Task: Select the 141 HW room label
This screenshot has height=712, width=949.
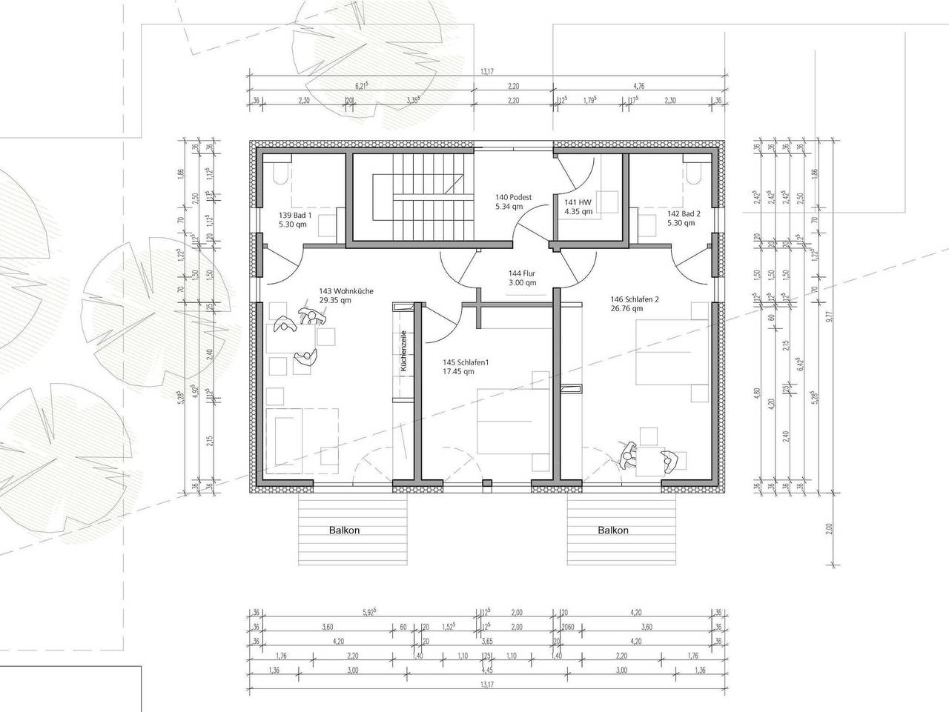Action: (x=578, y=206)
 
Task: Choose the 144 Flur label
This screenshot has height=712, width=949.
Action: (x=522, y=277)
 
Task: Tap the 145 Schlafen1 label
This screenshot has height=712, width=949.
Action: (x=466, y=367)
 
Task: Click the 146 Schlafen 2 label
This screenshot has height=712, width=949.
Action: (x=635, y=303)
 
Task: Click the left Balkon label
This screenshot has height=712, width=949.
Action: (x=345, y=530)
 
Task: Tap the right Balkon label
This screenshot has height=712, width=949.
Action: (x=613, y=530)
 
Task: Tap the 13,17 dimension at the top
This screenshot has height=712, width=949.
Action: (x=486, y=72)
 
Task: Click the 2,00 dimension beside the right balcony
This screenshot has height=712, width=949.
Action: (x=829, y=528)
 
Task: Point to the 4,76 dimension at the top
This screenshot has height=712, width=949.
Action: (x=638, y=86)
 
